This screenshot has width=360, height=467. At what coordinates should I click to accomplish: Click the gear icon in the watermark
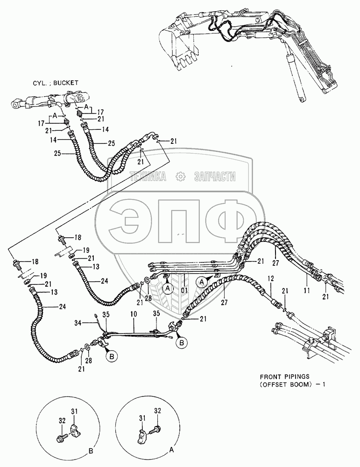179,176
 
